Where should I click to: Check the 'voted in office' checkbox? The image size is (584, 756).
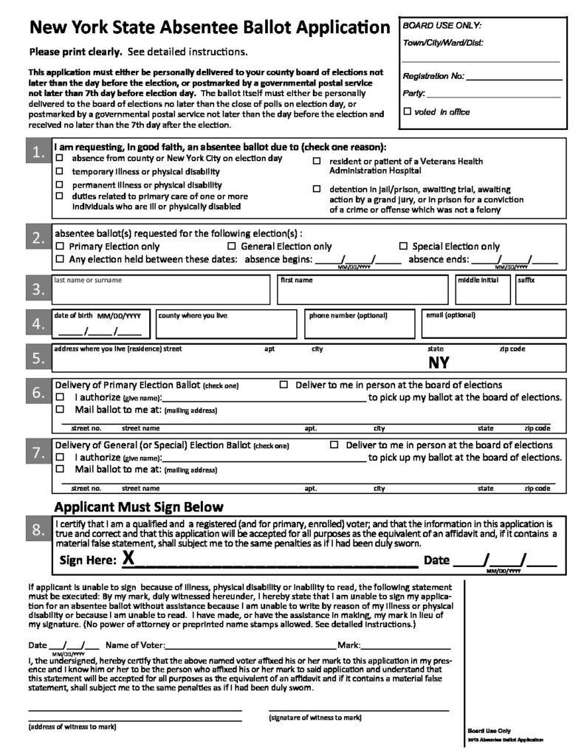pyautogui.click(x=407, y=111)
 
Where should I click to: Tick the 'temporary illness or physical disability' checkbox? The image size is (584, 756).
pyautogui.click(x=60, y=171)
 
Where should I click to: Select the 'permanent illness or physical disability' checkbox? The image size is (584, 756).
pyautogui.click(x=60, y=185)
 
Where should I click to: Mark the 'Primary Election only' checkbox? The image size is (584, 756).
pyautogui.click(x=60, y=247)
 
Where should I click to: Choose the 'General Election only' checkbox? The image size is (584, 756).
pyautogui.click(x=232, y=247)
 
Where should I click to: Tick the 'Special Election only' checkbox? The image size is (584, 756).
pyautogui.click(x=403, y=247)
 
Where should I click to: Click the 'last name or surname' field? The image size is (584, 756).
pyautogui.click(x=160, y=292)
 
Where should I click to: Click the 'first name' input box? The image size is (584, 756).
pyautogui.click(x=362, y=292)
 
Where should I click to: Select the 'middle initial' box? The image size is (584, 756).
pyautogui.click(x=482, y=292)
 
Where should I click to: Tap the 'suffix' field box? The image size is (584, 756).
pyautogui.click(x=540, y=292)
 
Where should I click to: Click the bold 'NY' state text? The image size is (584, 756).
pyautogui.click(x=438, y=362)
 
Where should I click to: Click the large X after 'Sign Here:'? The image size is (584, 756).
pyautogui.click(x=128, y=559)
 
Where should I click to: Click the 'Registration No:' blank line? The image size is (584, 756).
pyautogui.click(x=513, y=77)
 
